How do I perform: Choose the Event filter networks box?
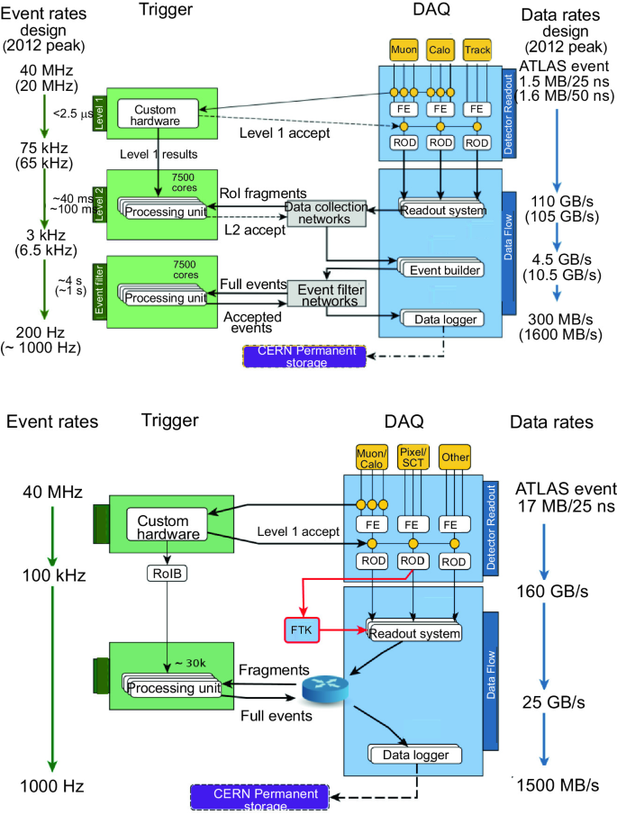[327, 293]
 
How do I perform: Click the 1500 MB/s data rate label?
[558, 784]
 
